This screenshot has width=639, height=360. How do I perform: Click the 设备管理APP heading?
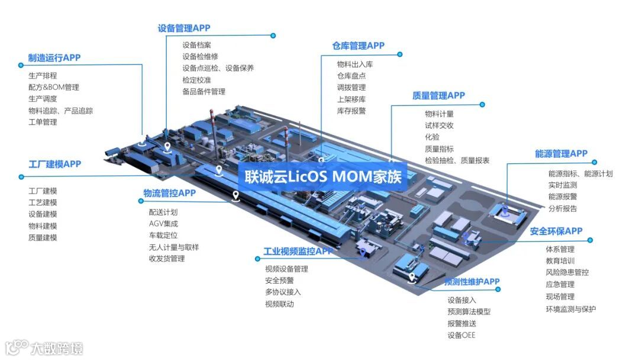pyautogui.click(x=183, y=28)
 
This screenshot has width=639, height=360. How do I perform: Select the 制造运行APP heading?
pyautogui.click(x=54, y=57)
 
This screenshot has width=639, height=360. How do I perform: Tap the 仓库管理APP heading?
pyautogui.click(x=358, y=46)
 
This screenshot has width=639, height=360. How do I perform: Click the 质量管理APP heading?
pyautogui.click(x=438, y=95)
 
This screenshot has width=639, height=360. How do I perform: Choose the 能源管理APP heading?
pyautogui.click(x=561, y=153)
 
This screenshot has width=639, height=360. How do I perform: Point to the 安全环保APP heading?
pyautogui.click(x=556, y=231)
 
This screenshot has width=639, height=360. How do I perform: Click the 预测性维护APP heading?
pyautogui.click(x=472, y=281)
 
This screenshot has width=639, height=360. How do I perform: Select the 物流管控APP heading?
pyautogui.click(x=169, y=192)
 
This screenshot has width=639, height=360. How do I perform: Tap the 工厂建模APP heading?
pyautogui.click(x=54, y=163)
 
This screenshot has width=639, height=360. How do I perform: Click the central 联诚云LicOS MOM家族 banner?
pyautogui.click(x=323, y=176)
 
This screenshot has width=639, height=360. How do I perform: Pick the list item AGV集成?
pyautogui.click(x=163, y=223)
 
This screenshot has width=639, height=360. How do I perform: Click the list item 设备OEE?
pyautogui.click(x=461, y=335)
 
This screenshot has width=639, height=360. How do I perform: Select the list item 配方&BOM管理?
pyautogui.click(x=53, y=87)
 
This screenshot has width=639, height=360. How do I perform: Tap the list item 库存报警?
pyautogui.click(x=351, y=111)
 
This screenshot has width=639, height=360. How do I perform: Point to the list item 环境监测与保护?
pyautogui.click(x=570, y=308)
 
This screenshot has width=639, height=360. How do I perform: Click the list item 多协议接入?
pyautogui.click(x=283, y=292)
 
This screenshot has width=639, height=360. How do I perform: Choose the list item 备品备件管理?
pyautogui.click(x=204, y=92)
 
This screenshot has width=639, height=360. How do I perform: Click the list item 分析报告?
pyautogui.click(x=563, y=208)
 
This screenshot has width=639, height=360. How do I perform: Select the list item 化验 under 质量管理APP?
pyautogui.click(x=432, y=137)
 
